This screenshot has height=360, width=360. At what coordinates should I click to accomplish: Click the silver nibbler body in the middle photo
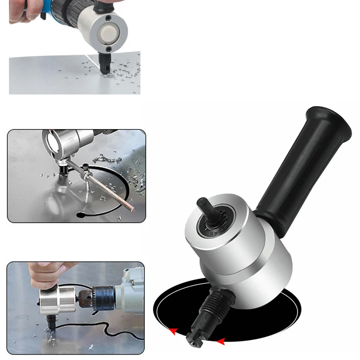click(x=67, y=142)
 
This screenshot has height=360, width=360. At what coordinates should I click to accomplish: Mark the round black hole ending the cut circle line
click(x=81, y=214)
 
